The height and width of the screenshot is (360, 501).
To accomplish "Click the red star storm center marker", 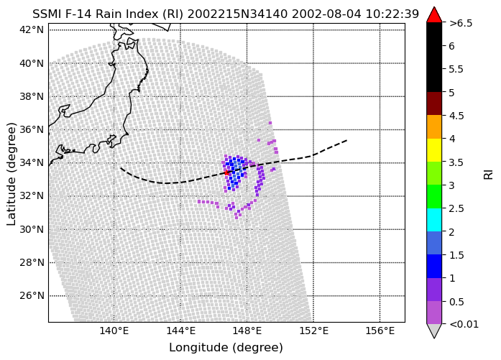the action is [x=226, y=172].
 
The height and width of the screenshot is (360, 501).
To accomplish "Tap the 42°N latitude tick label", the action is [x=32, y=29].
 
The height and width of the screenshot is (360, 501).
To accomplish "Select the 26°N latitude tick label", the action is [x=32, y=296].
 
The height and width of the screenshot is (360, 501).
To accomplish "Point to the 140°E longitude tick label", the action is [x=114, y=331].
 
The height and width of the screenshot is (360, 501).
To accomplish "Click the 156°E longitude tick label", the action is [x=380, y=331].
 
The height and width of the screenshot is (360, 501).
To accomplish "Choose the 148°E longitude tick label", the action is [x=247, y=331].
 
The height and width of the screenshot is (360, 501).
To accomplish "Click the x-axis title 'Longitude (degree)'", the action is [x=226, y=348].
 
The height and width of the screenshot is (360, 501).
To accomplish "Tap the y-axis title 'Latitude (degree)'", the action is [x=12, y=174].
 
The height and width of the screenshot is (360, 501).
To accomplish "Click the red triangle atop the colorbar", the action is [x=434, y=14].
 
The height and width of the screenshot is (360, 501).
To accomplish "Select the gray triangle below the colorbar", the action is [x=434, y=331].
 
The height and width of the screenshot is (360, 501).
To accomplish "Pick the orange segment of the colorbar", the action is [x=434, y=126].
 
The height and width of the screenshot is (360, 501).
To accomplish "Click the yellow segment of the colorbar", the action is [x=434, y=150].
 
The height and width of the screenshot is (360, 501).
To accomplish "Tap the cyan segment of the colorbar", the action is [x=434, y=220].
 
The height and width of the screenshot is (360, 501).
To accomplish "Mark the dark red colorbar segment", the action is [x=434, y=103].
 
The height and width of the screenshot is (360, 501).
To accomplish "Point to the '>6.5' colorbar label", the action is [x=461, y=23].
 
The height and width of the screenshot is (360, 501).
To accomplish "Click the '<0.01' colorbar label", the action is [x=464, y=324].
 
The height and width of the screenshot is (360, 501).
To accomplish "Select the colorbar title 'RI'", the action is [x=488, y=175].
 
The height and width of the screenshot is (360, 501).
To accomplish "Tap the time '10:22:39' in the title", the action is [x=392, y=14].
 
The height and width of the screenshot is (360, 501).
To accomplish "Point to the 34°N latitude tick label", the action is [x=32, y=162].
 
